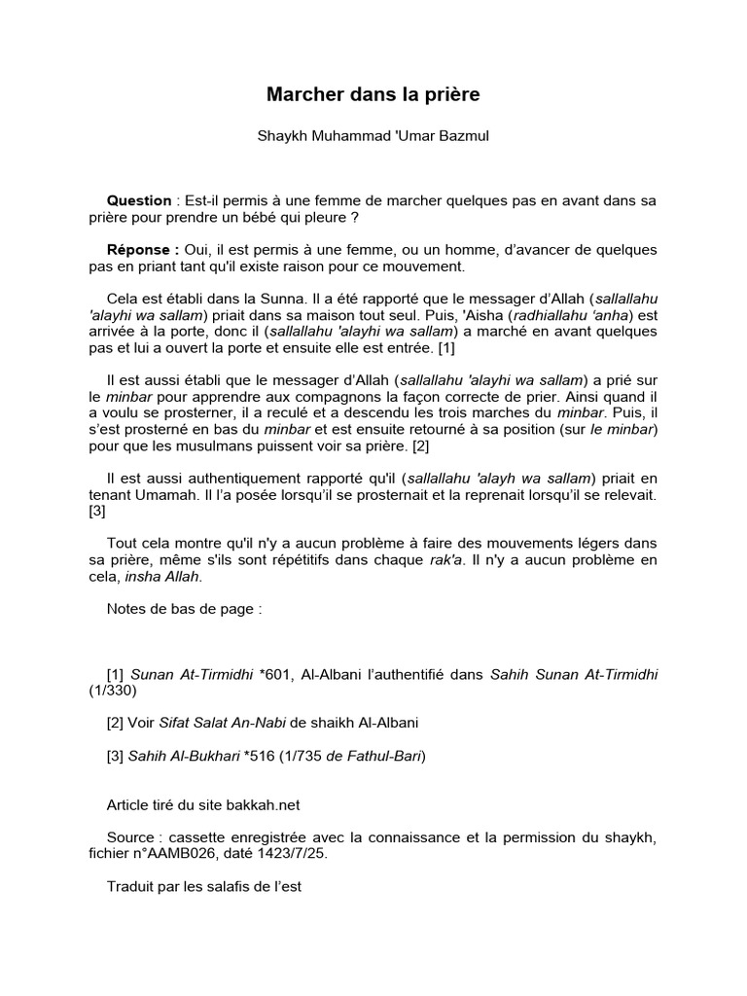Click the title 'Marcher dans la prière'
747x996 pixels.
click(x=373, y=95)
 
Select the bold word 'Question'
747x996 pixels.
click(x=138, y=200)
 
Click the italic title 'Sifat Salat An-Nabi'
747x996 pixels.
click(x=228, y=723)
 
